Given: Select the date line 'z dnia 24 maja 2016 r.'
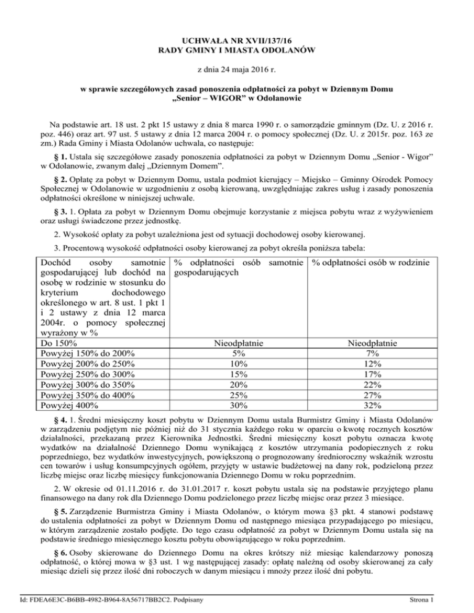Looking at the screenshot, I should [x=237, y=70].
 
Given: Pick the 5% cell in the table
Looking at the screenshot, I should [x=238, y=354].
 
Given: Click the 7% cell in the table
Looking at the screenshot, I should [x=373, y=354].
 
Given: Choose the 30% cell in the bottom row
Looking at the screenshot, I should [x=238, y=406].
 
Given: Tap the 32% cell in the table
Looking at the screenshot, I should [x=373, y=406].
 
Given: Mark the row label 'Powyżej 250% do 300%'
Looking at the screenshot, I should [x=87, y=374].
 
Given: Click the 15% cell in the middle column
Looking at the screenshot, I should [x=238, y=374].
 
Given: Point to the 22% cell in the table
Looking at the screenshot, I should [x=373, y=385].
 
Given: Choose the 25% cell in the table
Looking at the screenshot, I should [x=238, y=395].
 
